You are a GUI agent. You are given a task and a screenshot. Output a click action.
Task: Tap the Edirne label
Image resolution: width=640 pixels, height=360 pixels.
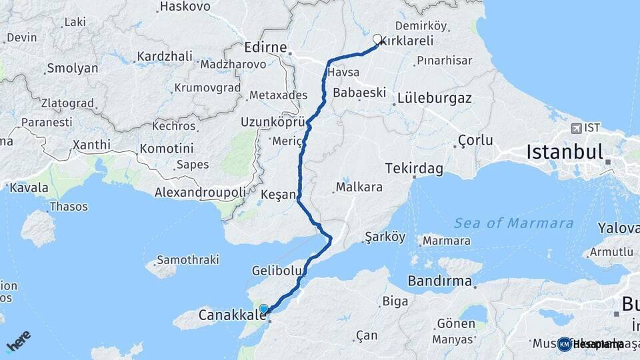(265, 48)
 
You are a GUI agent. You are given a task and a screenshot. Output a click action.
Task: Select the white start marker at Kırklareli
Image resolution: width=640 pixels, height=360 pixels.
(377, 39)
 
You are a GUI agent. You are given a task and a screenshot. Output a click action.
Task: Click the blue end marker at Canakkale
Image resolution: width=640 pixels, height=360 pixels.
(264, 309)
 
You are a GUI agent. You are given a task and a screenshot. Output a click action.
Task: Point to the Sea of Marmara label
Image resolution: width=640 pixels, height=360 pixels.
(513, 223)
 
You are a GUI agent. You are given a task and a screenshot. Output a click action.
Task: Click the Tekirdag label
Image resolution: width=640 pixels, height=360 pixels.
(414, 169)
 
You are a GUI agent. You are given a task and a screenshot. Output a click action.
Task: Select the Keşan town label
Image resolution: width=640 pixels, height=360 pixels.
(279, 195)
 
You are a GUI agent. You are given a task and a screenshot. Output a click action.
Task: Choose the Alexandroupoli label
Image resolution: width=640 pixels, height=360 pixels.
(199, 192)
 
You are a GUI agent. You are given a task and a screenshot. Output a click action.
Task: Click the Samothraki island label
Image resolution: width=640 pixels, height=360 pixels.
(176, 259)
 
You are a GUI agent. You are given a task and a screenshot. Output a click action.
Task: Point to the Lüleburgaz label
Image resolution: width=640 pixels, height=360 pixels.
(434, 98)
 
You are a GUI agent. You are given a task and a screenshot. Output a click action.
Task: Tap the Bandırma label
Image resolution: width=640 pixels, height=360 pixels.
(440, 280)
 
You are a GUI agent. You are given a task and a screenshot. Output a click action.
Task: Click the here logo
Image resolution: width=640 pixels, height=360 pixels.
(18, 341)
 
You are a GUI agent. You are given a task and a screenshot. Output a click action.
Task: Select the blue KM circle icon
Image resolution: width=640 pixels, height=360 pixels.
(565, 344)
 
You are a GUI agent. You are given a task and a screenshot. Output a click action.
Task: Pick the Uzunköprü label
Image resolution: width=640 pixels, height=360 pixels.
(274, 123)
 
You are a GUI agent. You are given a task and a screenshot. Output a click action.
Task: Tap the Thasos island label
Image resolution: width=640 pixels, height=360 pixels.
(69, 207)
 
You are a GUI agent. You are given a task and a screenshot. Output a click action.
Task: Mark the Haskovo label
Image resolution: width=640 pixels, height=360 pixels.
(185, 7)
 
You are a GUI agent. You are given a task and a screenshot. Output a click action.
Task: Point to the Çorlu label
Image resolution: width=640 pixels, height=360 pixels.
(475, 141)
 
